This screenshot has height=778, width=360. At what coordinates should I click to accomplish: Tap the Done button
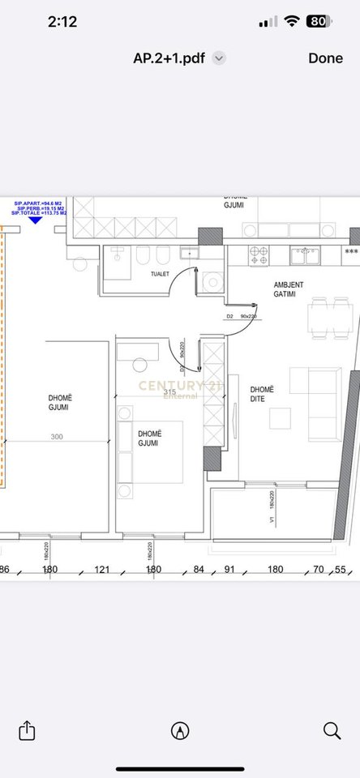pyautogui.click(x=325, y=58)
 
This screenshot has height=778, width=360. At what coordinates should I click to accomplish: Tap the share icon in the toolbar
pyautogui.click(x=27, y=730)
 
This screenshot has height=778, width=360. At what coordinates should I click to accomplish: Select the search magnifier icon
pyautogui.click(x=332, y=730)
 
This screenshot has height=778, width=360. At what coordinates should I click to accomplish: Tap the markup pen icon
pyautogui.click(x=180, y=730)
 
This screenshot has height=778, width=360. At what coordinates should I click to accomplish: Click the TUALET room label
pyautogui.click(x=160, y=274)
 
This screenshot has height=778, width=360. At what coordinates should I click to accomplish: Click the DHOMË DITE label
pyautogui.click(x=262, y=394)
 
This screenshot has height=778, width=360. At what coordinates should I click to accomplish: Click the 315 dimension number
pyautogui.click(x=169, y=392)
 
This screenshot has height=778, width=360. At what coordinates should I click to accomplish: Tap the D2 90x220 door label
pyautogui.click(x=241, y=317)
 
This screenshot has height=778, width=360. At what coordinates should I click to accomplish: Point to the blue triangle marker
pyautogui.click(x=35, y=220)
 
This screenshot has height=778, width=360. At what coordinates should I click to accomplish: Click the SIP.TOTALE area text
pyautogui.click(x=40, y=212)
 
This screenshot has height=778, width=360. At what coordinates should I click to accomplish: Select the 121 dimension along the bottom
pyautogui.click(x=101, y=569)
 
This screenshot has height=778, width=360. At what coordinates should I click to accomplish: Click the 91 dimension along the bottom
pyautogui.click(x=229, y=569)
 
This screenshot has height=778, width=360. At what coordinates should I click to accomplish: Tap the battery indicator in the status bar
pyautogui.click(x=319, y=22)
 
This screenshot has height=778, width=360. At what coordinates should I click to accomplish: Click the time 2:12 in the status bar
pyautogui.click(x=62, y=22)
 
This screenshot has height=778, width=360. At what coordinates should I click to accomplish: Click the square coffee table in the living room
pyautogui.click(x=281, y=418)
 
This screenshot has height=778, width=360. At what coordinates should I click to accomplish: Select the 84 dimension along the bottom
pyautogui.click(x=199, y=569)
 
